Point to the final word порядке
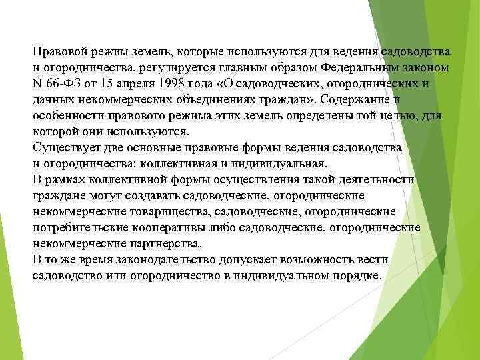click(355, 275)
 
